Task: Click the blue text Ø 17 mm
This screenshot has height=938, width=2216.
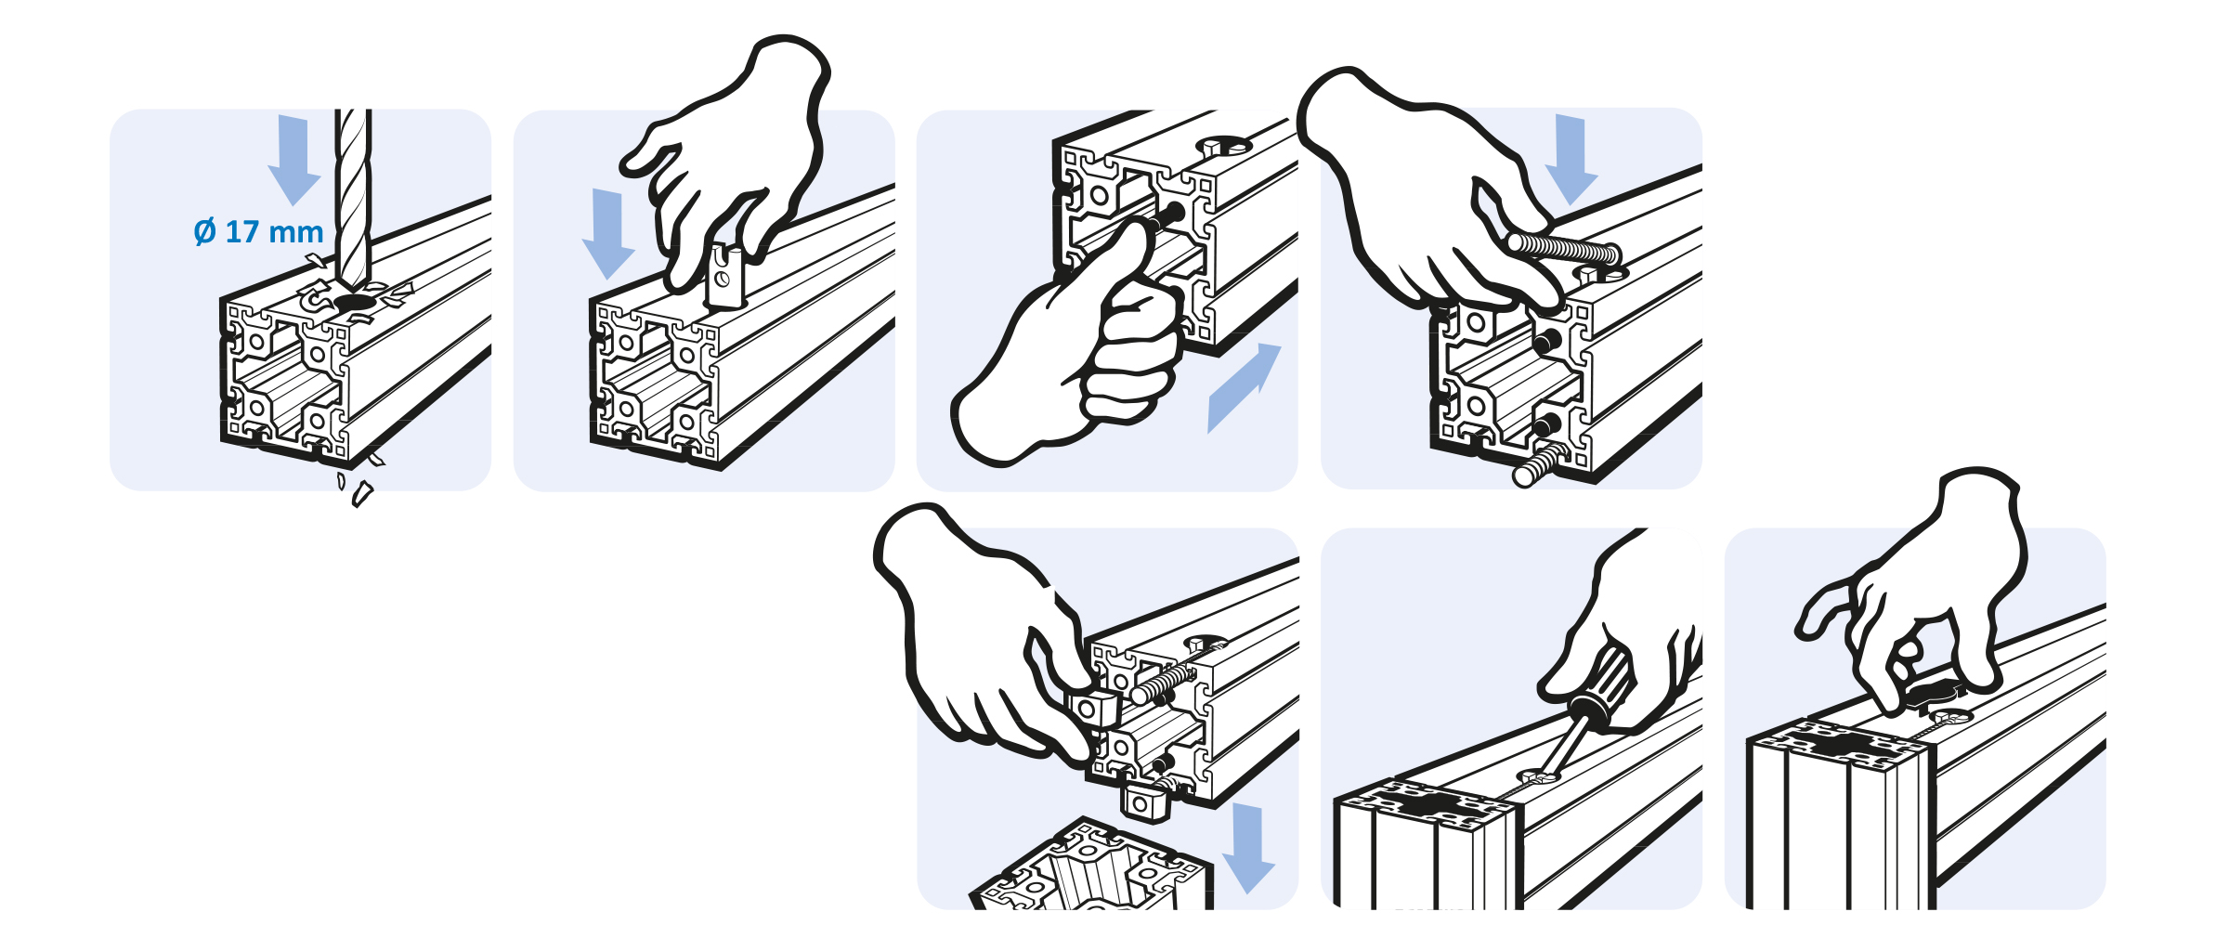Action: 258,231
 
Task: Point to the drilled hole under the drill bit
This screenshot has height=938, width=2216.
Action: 352,304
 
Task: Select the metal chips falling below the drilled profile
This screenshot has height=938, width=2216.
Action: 358,483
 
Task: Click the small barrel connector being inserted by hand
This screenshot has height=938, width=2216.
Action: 726,277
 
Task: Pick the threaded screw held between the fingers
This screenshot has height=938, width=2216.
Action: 1565,250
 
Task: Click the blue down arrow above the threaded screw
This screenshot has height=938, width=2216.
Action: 1571,159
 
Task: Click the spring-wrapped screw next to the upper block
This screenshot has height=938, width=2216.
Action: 1163,684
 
